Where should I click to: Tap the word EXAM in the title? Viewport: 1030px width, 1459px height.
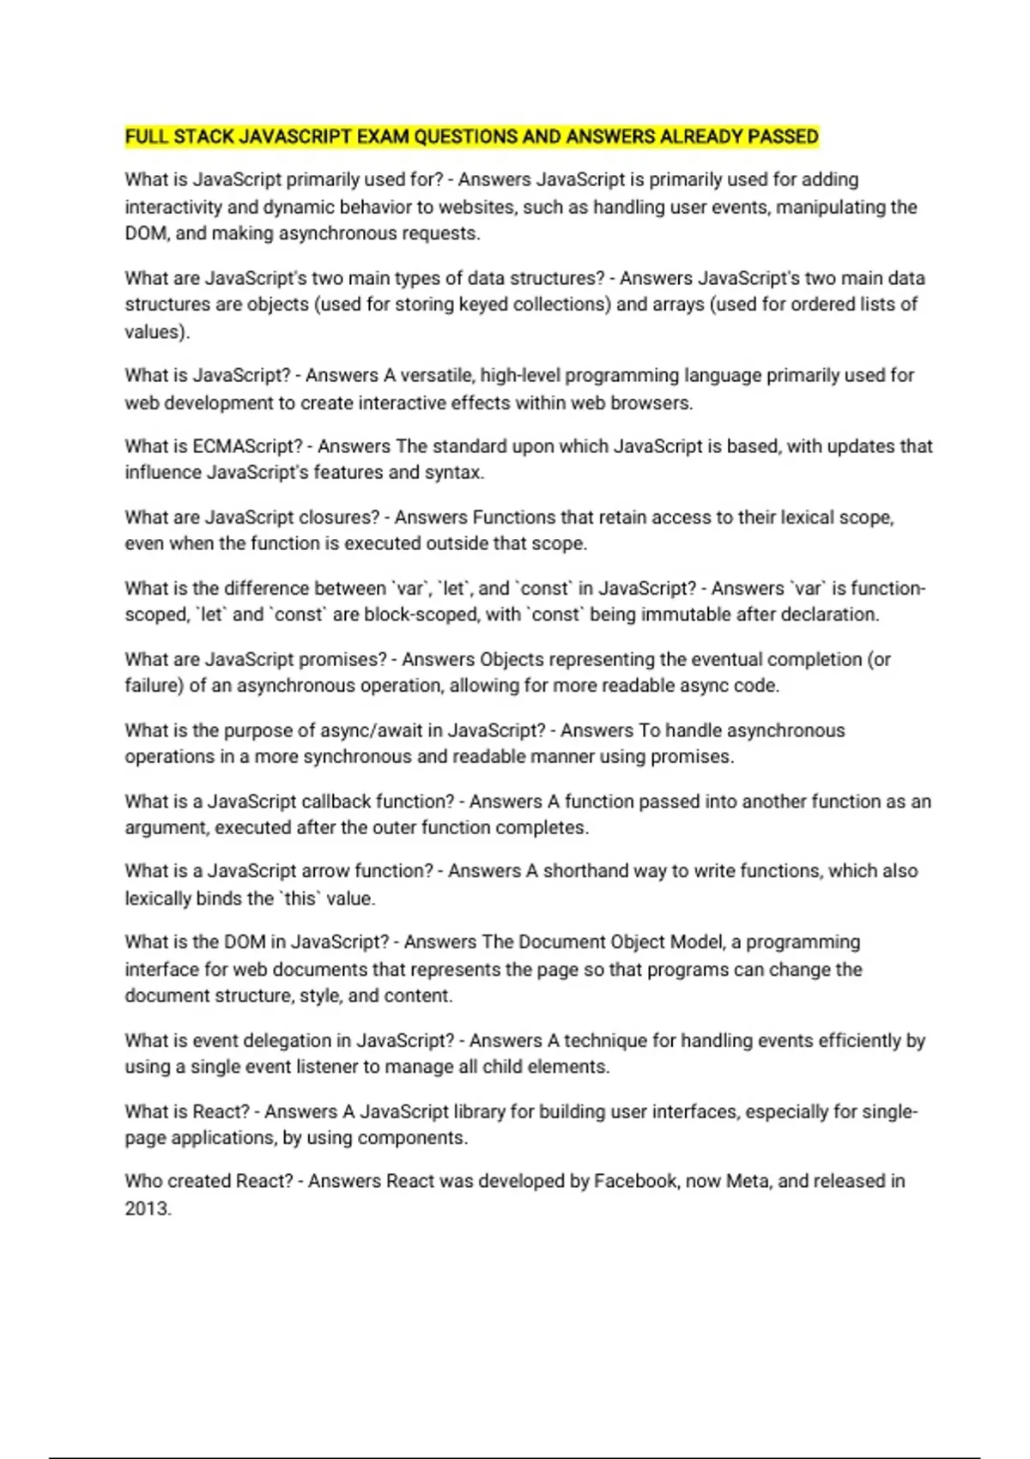pyautogui.click(x=382, y=136)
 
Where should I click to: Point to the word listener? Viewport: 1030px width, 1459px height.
pyautogui.click(x=327, y=1067)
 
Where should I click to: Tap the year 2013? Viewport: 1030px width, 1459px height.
pyautogui.click(x=147, y=1208)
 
